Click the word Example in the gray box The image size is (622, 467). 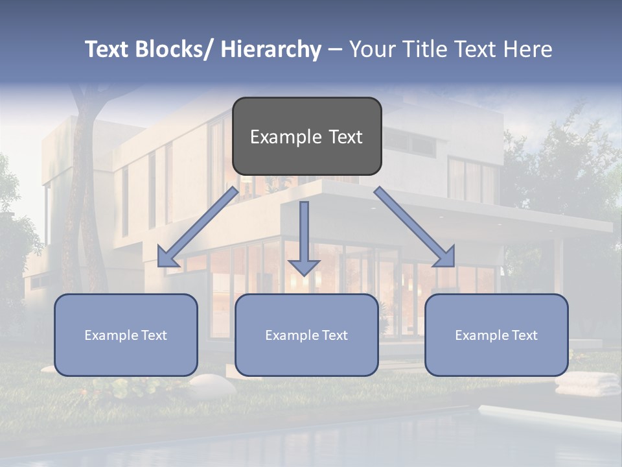click(281, 137)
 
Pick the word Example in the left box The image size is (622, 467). click(111, 335)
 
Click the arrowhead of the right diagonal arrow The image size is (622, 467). click(445, 257)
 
